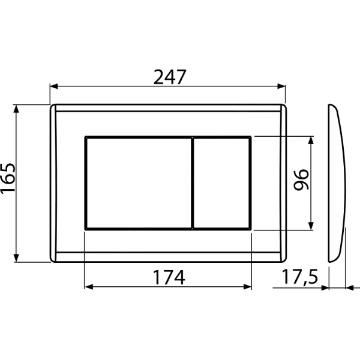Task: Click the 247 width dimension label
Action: tap(169, 77)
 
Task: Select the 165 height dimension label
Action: tap(8, 179)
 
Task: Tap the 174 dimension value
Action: tap(169, 277)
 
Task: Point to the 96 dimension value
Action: tap(301, 180)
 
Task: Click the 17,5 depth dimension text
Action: tap(299, 277)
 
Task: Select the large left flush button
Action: tap(139, 183)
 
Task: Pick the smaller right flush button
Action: tap(221, 183)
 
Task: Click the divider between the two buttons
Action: tap(193, 183)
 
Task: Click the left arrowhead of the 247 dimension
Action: tap(54, 86)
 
